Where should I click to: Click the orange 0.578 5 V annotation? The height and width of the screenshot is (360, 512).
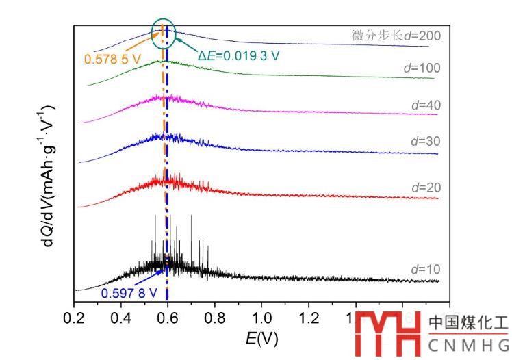click(112, 60)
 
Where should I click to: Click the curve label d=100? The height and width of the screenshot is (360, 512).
click(421, 68)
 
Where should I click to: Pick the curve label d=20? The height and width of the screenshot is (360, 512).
click(424, 187)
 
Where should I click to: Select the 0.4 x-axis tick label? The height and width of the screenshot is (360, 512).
click(121, 318)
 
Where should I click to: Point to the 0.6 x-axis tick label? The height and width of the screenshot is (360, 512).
click(168, 318)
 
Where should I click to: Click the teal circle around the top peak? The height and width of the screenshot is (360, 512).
click(164, 31)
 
